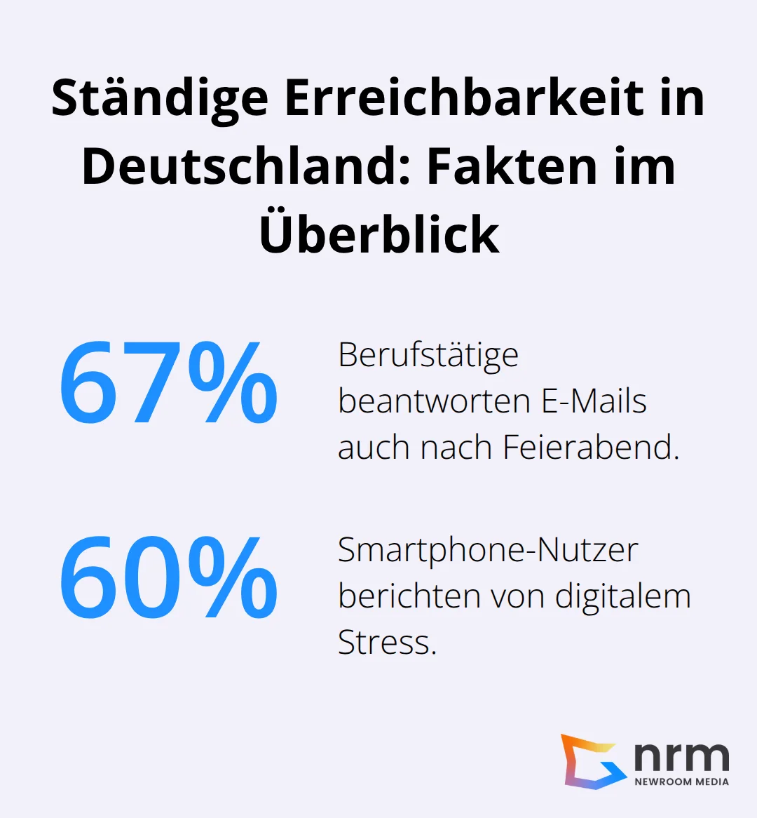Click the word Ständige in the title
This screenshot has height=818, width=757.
[160, 98]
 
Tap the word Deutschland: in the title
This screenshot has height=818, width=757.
[246, 166]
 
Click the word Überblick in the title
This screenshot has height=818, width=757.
[379, 234]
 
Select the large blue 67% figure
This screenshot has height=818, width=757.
[168, 383]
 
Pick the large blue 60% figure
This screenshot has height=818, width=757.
[168, 577]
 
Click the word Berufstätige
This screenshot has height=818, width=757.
[428, 355]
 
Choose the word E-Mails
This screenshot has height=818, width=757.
[594, 401]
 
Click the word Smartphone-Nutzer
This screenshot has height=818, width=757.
[488, 549]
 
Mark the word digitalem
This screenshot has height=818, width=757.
[623, 596]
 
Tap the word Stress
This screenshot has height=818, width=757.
[387, 642]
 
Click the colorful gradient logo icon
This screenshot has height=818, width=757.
[592, 760]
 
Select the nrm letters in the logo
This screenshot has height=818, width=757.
[681, 756]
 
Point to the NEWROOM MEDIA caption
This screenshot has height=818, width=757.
[681, 782]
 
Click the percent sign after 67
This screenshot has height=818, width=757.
[233, 383]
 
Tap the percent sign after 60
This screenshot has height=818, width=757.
[233, 577]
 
